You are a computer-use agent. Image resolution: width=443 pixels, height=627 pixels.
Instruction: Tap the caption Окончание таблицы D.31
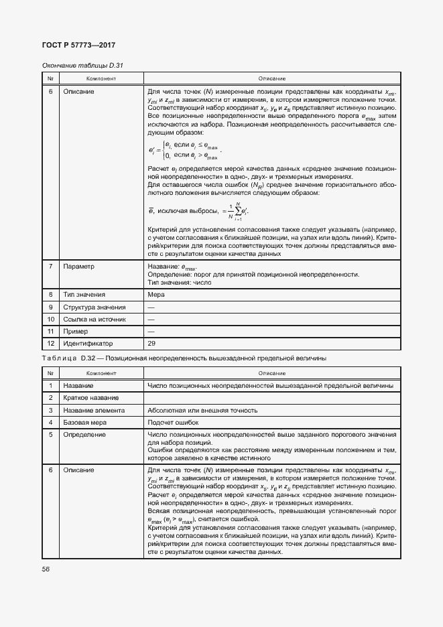83,66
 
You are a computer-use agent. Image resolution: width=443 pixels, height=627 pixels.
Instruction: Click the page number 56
46,569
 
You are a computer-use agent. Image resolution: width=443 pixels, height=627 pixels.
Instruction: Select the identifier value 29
151,344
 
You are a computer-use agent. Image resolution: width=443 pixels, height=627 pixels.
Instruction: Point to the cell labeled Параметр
79,267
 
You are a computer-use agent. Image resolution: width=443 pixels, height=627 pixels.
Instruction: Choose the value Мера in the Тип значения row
155,295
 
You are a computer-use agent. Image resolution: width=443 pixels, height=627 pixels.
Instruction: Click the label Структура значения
94,307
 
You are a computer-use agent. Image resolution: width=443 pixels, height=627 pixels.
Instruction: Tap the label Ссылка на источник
94,320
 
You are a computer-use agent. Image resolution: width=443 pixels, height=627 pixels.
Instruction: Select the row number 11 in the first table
50,332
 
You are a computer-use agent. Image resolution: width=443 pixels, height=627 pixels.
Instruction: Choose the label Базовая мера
84,422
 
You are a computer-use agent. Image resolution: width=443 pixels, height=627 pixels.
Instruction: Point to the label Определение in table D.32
84,435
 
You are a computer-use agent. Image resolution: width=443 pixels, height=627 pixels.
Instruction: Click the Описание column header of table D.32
271,373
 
